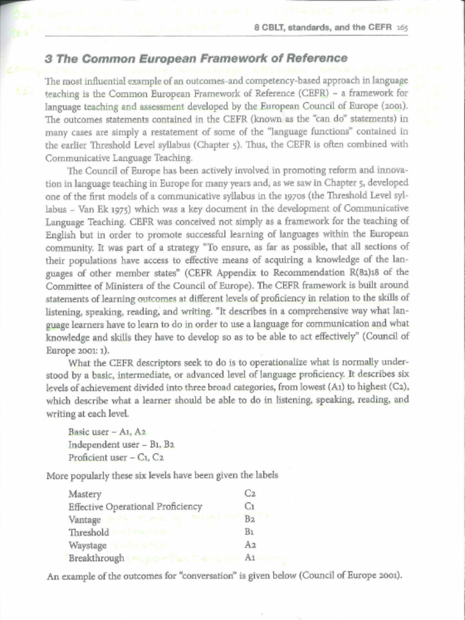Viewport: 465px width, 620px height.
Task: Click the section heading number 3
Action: coord(48,59)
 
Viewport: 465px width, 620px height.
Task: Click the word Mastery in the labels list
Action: coord(85,494)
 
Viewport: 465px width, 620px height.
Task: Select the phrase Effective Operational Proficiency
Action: coord(135,507)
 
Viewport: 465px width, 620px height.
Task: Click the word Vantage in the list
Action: coord(85,519)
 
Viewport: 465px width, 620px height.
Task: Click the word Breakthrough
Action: coord(96,558)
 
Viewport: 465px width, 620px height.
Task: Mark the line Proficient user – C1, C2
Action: coord(116,457)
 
